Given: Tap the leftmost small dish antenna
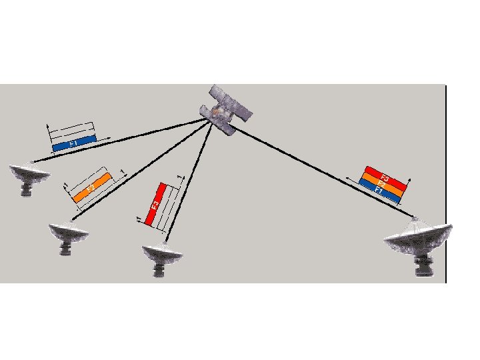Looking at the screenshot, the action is (28, 175).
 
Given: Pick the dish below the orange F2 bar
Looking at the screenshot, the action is (67, 235).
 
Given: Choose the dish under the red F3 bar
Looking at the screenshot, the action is (162, 255).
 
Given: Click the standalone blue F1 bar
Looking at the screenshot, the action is (73, 143).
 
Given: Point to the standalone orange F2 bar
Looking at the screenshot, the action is (91, 189).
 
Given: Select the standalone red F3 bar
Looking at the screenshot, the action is (155, 204).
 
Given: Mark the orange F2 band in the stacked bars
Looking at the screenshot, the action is (381, 183).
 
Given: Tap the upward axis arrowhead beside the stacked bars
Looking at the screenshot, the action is (409, 179).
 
